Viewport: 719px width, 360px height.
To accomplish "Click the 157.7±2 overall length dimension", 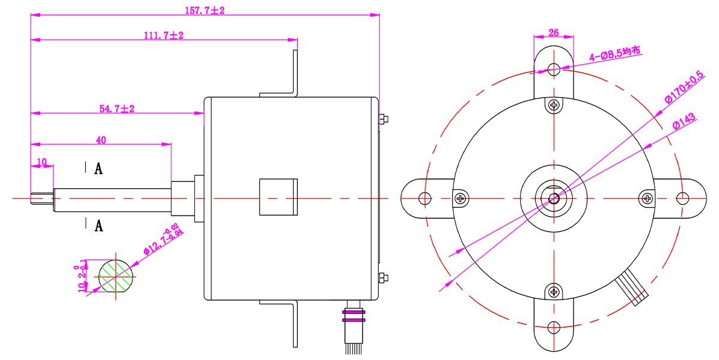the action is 205,11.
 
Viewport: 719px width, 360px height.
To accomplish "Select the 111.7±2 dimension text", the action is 164,35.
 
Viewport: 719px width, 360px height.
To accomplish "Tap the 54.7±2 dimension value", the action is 117,109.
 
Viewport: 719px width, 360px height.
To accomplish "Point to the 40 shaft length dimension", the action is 101,140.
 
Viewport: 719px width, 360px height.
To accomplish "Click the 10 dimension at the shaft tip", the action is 42,162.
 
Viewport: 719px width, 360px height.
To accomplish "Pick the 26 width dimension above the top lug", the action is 554,33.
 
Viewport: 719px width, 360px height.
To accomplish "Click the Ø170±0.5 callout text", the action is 684,87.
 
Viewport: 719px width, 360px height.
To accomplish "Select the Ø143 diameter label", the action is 684,121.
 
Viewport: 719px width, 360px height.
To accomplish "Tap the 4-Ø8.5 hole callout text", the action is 615,53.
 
